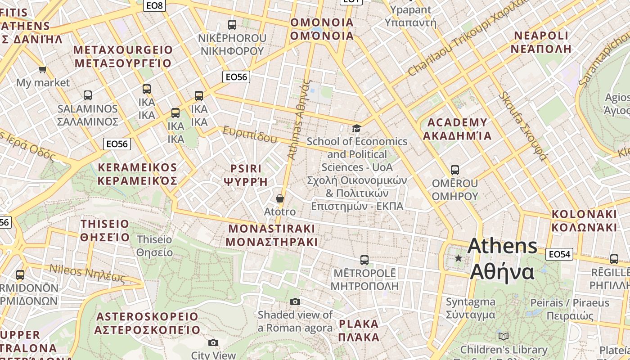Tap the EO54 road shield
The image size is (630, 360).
[x=559, y=254]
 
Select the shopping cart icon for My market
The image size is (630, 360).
[x=43, y=69]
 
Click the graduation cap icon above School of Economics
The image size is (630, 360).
[x=357, y=128]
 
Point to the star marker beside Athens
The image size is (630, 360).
[x=458, y=258]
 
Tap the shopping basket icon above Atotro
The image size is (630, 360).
[x=280, y=198]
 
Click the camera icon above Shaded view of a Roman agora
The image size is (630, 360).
[x=295, y=301]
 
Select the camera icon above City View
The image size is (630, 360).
[x=213, y=342]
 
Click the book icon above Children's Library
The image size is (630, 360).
[x=504, y=336]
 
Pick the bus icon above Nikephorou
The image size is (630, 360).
[x=232, y=25]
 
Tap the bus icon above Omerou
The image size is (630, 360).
[x=455, y=170]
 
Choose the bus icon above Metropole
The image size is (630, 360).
[x=364, y=260]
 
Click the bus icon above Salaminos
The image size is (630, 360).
[x=88, y=95]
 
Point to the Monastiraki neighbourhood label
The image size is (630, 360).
[x=272, y=235]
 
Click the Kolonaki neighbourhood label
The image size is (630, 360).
[x=584, y=220]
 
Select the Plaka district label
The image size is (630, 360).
[x=359, y=330]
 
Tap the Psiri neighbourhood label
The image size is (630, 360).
[x=246, y=175]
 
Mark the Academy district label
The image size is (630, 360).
[x=457, y=129]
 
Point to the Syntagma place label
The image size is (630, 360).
[x=470, y=308]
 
